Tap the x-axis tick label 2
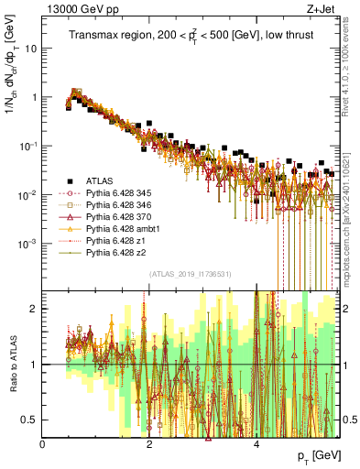coord(149,444)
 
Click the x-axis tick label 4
coord(256,444)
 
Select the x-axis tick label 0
coord(43,444)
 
